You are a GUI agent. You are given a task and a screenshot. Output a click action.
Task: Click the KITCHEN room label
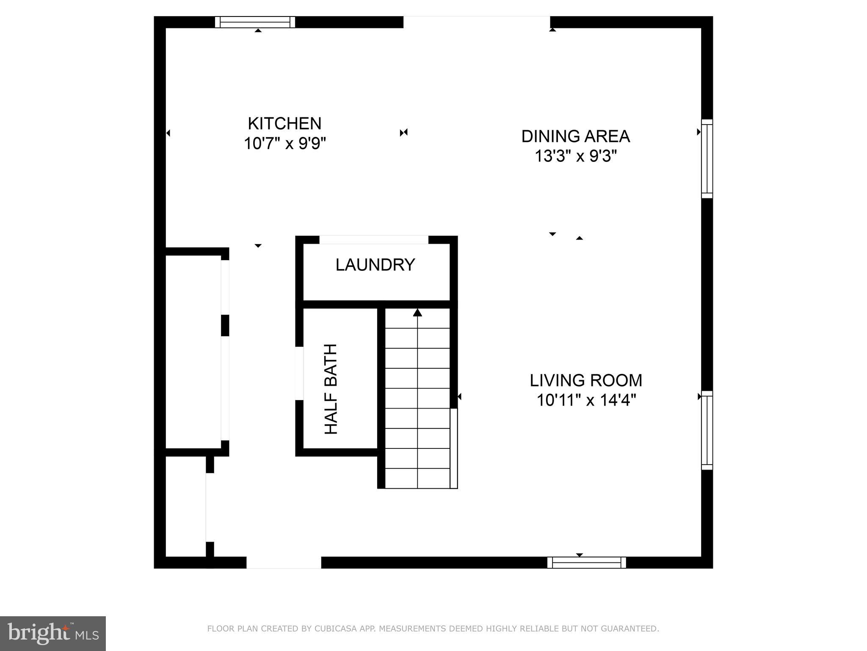click(284, 124)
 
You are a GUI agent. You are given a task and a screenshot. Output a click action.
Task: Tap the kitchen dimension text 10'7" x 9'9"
click(284, 144)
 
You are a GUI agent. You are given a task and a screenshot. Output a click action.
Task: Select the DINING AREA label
click(575, 136)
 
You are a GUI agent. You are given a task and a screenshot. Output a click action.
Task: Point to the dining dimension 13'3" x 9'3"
click(575, 156)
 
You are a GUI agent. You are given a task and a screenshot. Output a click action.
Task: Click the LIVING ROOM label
click(586, 380)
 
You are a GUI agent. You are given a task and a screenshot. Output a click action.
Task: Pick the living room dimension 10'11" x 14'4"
click(586, 400)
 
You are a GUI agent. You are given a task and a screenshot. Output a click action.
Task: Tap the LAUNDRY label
click(375, 265)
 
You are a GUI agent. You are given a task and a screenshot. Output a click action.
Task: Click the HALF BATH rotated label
click(331, 389)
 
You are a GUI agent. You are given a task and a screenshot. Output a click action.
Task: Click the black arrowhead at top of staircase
click(417, 313)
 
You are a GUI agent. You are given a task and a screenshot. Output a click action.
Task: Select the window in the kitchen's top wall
click(255, 22)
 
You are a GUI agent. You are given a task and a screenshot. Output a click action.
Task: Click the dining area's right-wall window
click(707, 159)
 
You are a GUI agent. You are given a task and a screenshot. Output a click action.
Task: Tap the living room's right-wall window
click(707, 430)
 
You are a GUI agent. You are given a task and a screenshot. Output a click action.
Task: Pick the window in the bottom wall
click(586, 562)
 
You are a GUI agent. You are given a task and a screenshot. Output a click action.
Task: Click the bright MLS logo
click(52, 633)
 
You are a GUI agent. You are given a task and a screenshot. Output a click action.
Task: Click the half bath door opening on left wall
click(299, 373)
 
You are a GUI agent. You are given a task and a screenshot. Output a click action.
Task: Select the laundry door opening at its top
click(374, 240)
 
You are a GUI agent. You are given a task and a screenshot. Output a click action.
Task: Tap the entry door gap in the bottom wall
click(284, 562)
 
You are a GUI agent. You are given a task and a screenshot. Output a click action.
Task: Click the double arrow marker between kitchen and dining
click(403, 133)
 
